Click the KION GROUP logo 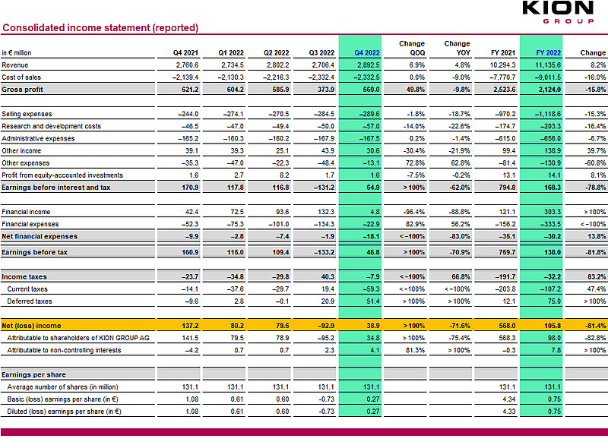point(558,12)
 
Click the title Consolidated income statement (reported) point(100,28)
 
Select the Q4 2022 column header point(367,52)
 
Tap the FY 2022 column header point(548,52)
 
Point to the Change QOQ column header point(412,48)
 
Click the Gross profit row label point(23,90)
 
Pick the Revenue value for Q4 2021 point(187,65)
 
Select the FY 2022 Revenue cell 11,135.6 point(548,65)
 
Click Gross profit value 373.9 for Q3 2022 point(326,90)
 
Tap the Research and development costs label point(51,126)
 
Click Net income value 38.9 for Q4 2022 point(373,326)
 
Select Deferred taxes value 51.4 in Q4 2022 point(373,301)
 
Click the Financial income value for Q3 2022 point(326,212)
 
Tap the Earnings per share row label point(33,375)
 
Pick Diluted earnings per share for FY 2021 point(509,412)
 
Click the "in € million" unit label point(16,52)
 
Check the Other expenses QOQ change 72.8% point(415,163)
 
